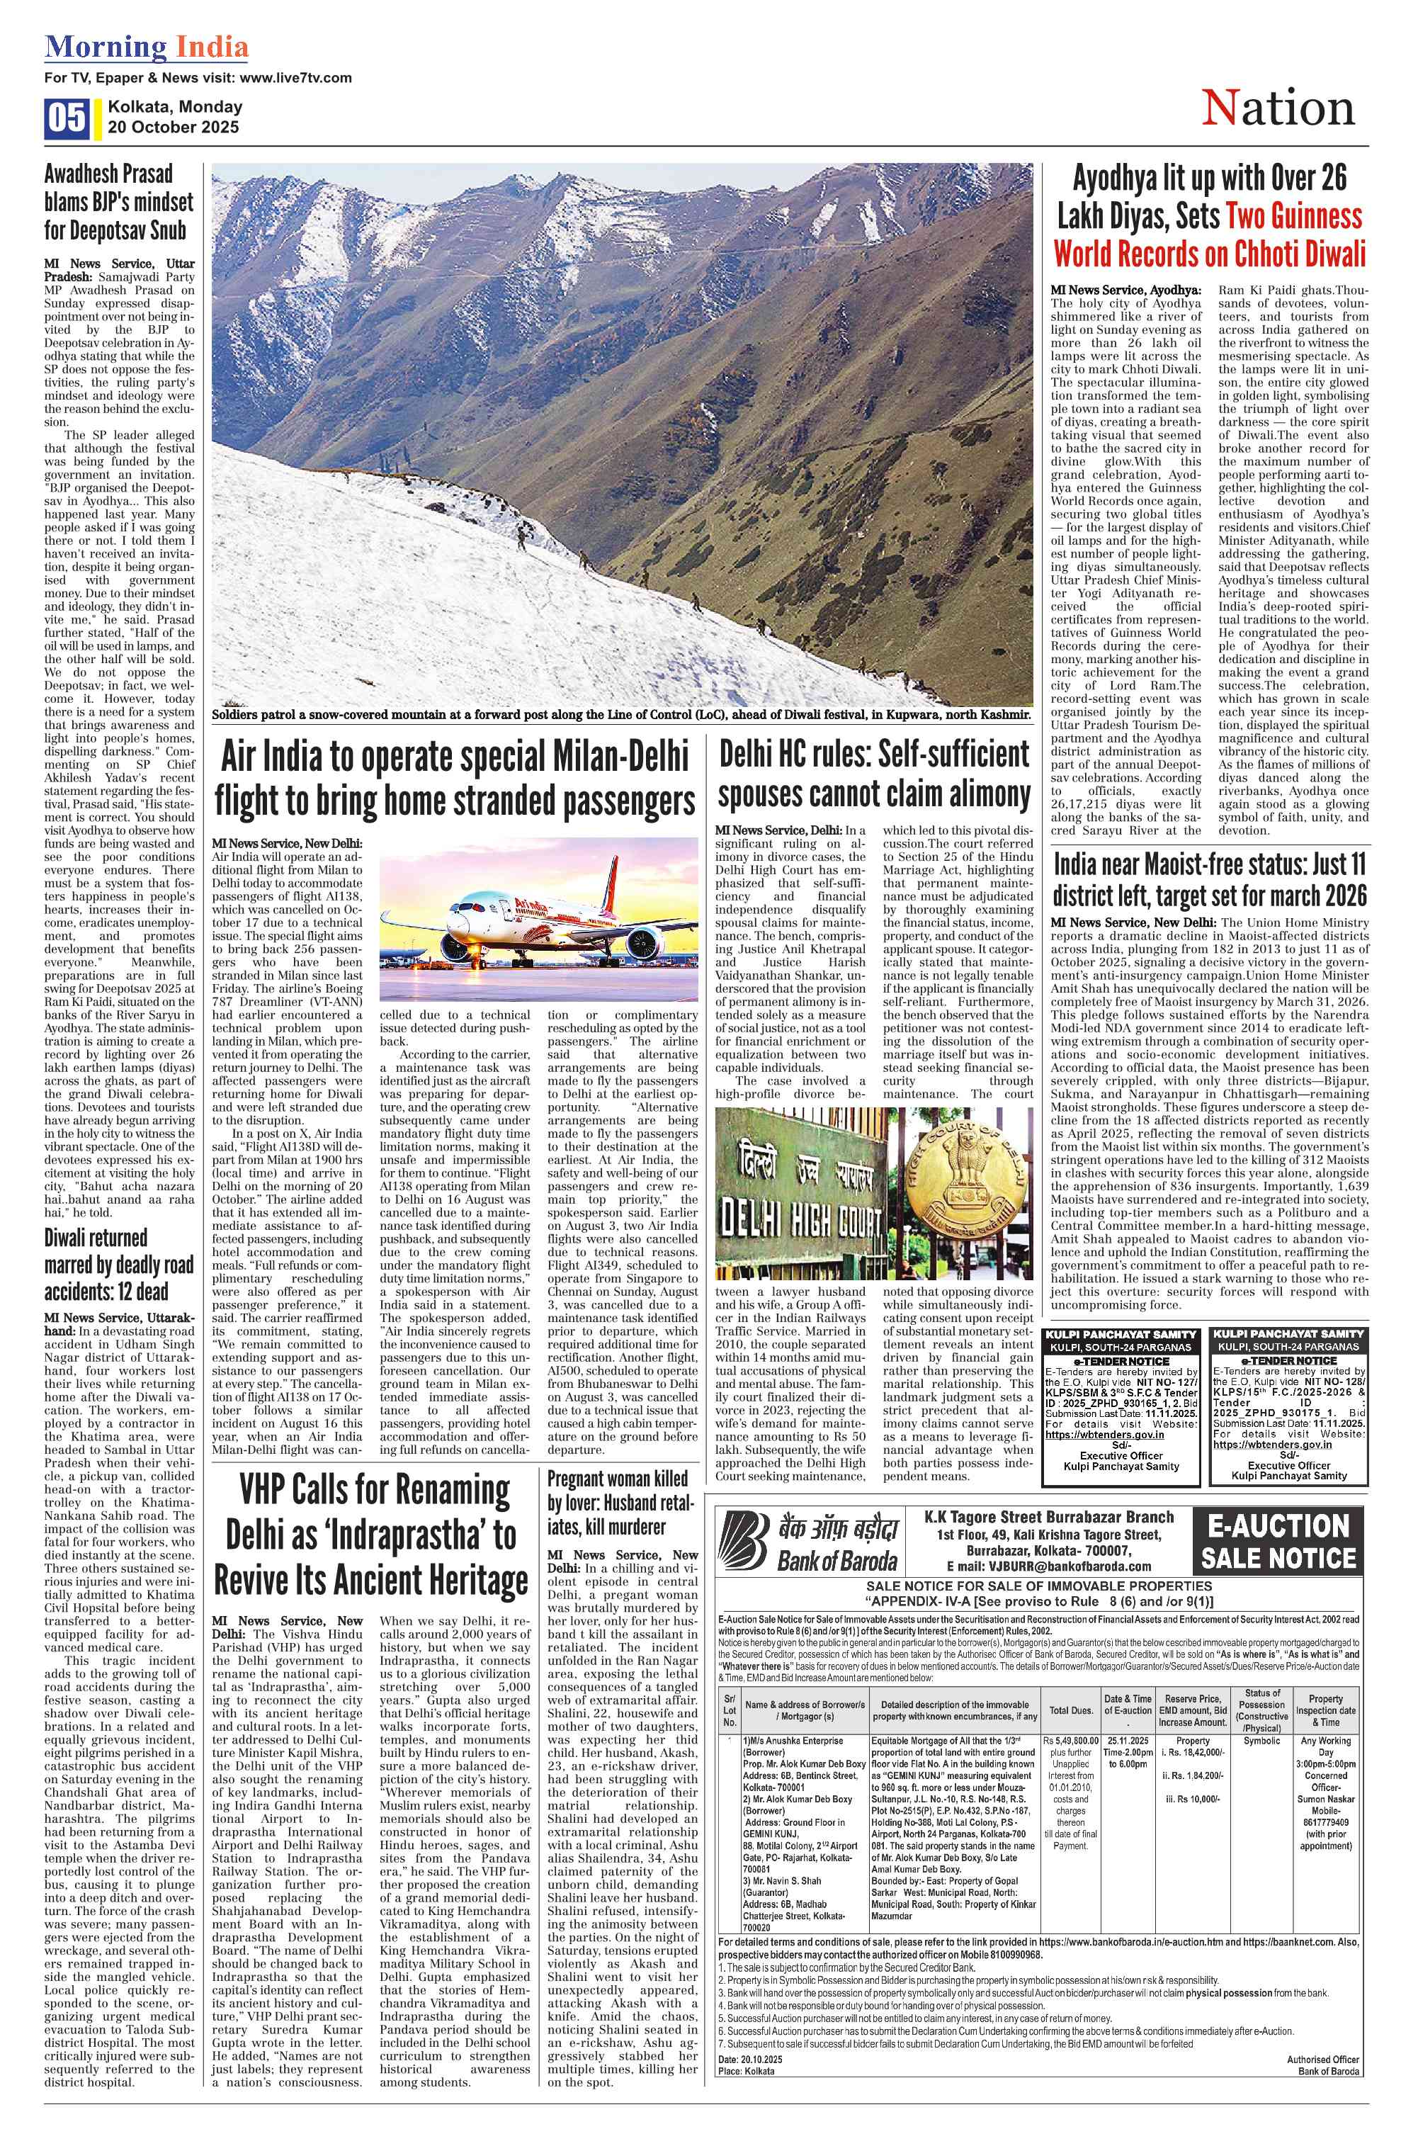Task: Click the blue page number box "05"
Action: click(66, 118)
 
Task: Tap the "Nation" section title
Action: click(1278, 108)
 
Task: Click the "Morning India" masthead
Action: click(147, 47)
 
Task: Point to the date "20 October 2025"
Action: click(174, 128)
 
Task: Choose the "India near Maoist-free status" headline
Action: click(1209, 880)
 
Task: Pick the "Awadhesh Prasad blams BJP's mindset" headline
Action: click(120, 202)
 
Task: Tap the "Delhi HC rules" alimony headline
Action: click(875, 774)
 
